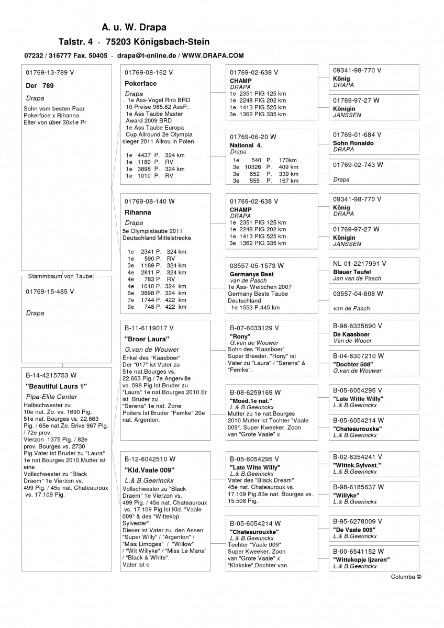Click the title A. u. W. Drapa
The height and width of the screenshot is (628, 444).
tap(134, 27)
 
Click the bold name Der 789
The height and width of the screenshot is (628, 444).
tap(40, 85)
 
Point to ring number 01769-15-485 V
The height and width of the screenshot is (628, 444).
tap(50, 291)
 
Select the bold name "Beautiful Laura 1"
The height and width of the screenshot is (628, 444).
tap(56, 386)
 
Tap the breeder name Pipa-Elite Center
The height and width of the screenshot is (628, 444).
tap(51, 397)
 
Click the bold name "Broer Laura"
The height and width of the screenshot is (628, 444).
tap(143, 339)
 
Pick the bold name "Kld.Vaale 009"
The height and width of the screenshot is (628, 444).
tap(149, 469)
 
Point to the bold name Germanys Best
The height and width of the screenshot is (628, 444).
tap(252, 274)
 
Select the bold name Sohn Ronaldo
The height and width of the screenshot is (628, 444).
tap(353, 143)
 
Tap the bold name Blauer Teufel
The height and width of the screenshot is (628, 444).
tap(352, 272)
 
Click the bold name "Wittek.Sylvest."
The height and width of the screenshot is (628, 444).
tap(357, 465)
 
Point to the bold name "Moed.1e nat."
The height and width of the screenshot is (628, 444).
tap(251, 400)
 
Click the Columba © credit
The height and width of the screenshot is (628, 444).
tap(406, 577)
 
